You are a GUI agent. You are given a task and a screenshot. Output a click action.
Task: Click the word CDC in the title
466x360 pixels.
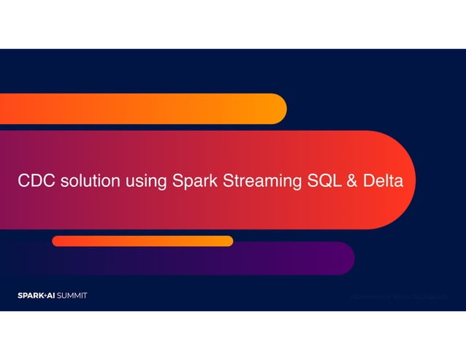point(36,180)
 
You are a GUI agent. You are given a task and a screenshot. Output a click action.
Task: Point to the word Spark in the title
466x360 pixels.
point(192,180)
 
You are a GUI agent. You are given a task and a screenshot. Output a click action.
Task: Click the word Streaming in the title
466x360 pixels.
point(256,181)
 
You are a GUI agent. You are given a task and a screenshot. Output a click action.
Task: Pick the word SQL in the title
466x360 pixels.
point(315,180)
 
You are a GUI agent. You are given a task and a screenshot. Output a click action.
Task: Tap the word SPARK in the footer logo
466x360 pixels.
point(31,296)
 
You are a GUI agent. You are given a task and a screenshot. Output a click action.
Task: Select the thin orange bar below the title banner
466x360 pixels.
point(142,241)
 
